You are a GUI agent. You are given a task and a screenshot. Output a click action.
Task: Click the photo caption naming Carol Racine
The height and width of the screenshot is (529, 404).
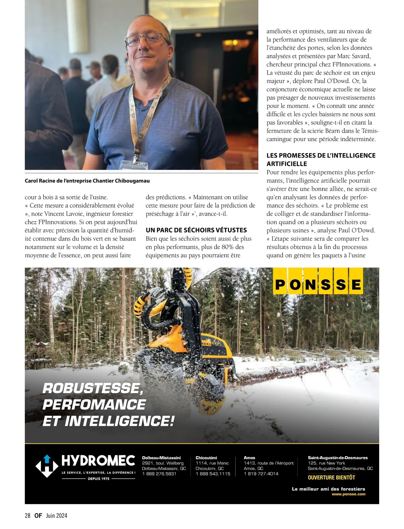tap(87, 181)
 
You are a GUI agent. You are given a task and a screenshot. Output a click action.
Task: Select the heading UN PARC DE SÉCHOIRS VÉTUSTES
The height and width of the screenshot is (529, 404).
tap(196, 230)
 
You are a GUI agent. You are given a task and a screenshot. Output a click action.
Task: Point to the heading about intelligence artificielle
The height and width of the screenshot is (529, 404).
tap(321, 159)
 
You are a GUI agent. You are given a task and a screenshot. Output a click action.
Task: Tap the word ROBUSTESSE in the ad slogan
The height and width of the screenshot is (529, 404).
tap(91, 388)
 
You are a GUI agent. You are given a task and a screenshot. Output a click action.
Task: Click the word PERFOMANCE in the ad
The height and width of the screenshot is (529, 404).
tap(94, 404)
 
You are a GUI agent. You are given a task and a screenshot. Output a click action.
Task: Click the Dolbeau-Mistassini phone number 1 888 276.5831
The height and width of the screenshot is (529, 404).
tap(159, 474)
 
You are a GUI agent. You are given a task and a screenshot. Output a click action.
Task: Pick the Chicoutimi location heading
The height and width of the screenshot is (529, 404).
tap(206, 458)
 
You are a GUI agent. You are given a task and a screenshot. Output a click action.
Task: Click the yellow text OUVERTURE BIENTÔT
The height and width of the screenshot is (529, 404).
tap(331, 477)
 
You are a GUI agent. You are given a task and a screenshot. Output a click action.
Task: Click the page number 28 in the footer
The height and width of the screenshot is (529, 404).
tap(28, 516)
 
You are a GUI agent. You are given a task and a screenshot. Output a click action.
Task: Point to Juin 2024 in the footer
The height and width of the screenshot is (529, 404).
tap(57, 516)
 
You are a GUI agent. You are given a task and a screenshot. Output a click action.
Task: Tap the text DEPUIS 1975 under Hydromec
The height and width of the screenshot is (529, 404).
tap(98, 479)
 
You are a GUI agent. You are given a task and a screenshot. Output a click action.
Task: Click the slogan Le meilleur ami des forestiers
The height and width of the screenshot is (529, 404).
tap(328, 489)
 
